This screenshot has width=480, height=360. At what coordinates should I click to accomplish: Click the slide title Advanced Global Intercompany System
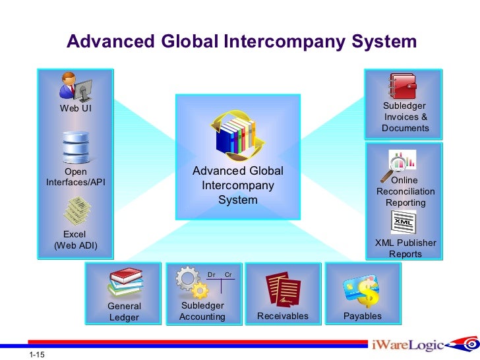(241, 42)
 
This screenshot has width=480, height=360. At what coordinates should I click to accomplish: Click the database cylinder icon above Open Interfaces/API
(75, 146)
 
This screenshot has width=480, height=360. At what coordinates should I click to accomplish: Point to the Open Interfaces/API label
(75, 177)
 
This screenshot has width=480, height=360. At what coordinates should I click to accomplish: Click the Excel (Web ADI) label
(75, 240)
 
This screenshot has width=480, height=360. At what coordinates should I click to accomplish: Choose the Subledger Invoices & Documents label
(405, 117)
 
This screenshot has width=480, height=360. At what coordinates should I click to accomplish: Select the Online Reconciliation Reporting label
(405, 191)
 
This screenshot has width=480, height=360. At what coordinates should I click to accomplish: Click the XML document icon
(404, 222)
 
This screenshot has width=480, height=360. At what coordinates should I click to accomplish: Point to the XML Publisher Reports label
(405, 248)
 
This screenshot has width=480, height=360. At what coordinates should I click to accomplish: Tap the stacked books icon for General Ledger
(124, 284)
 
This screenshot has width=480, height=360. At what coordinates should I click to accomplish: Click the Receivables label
(282, 316)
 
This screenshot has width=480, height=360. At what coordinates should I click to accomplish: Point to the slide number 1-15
(37, 355)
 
